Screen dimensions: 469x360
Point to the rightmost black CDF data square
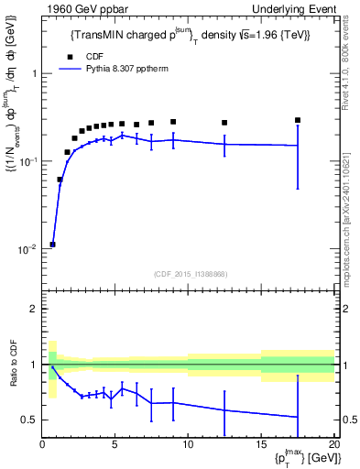(x=298, y=120)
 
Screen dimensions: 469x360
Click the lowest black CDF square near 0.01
(x=53, y=245)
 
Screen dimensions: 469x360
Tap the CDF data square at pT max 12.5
(x=224, y=123)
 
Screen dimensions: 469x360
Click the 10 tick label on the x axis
(x=188, y=445)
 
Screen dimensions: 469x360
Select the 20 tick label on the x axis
(x=333, y=445)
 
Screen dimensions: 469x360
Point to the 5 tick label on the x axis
(x=115, y=445)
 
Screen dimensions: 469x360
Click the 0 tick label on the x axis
(x=43, y=445)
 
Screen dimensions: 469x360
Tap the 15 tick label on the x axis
(x=260, y=445)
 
